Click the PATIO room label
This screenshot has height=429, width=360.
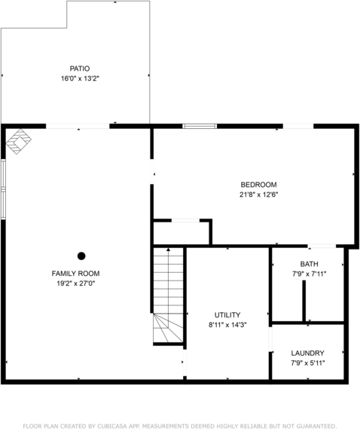click(x=80, y=68)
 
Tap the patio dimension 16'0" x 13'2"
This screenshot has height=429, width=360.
click(x=80, y=78)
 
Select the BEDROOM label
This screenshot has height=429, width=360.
click(x=258, y=185)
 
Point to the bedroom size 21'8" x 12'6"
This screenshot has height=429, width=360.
click(x=258, y=195)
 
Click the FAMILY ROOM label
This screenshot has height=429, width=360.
click(x=75, y=273)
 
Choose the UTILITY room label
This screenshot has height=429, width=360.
click(x=227, y=314)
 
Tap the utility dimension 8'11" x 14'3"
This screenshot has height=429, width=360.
click(x=227, y=324)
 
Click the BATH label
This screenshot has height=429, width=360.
click(x=309, y=264)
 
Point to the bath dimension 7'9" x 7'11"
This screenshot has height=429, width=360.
click(x=309, y=274)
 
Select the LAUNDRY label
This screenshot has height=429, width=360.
click(x=308, y=353)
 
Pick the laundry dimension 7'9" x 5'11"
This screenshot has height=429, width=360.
click(x=308, y=363)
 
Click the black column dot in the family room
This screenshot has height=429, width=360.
click(x=81, y=256)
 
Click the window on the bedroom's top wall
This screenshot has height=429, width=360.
click(x=200, y=126)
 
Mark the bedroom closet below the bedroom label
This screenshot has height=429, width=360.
click(x=181, y=232)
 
